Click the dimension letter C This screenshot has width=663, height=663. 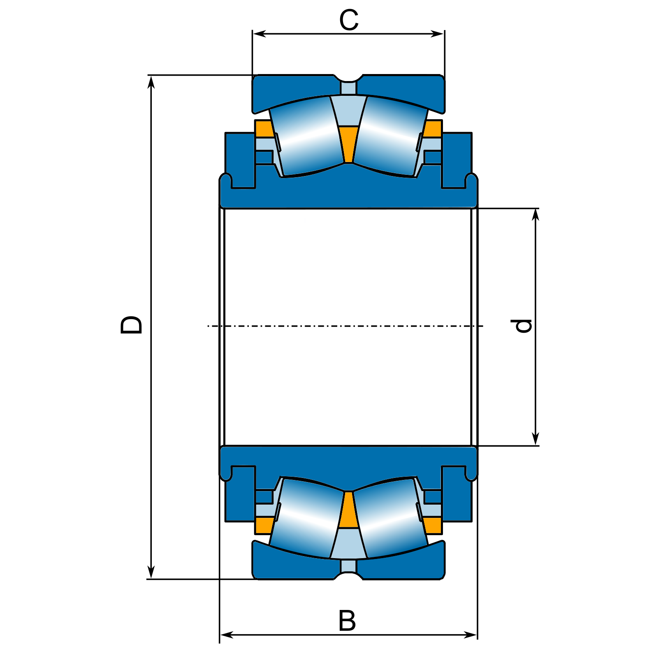(349, 21)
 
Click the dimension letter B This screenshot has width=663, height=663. (347, 621)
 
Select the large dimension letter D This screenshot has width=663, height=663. (131, 325)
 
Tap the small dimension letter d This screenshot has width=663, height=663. (524, 326)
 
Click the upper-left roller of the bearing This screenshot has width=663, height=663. (307, 136)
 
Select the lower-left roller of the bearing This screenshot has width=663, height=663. (307, 518)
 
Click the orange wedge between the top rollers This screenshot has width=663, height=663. (349, 144)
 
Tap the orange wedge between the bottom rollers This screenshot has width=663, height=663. (349, 510)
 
